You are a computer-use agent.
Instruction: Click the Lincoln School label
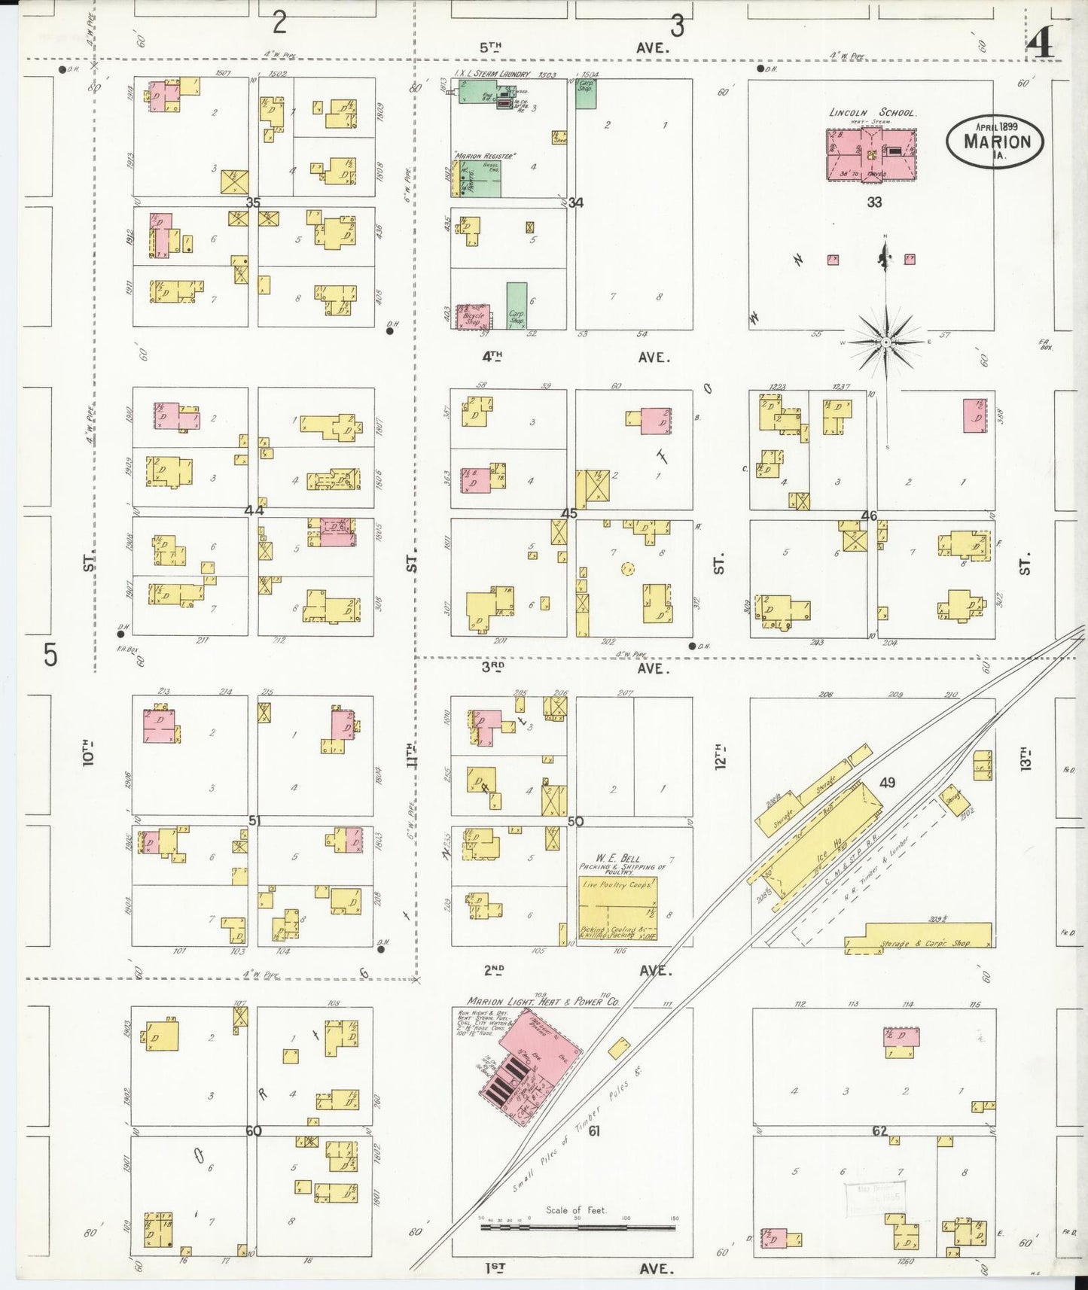coord(872,112)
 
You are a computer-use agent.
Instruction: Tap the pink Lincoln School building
coord(870,154)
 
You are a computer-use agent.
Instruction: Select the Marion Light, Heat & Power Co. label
coord(543,1002)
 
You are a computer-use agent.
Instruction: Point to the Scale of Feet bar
coord(578,1228)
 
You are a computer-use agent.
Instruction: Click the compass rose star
coord(886,342)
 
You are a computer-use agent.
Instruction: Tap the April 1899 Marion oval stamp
coord(995,140)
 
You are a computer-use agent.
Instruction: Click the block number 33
coord(874,202)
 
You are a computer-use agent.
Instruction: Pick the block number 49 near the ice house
coord(888,783)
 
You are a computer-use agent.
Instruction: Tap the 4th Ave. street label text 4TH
coord(492,357)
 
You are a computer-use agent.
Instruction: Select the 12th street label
coord(721,755)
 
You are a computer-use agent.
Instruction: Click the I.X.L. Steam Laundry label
coord(492,75)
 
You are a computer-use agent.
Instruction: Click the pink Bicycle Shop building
coord(474,316)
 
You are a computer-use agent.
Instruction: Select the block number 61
coord(594,1130)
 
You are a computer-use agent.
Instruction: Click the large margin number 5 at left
coord(50,655)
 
